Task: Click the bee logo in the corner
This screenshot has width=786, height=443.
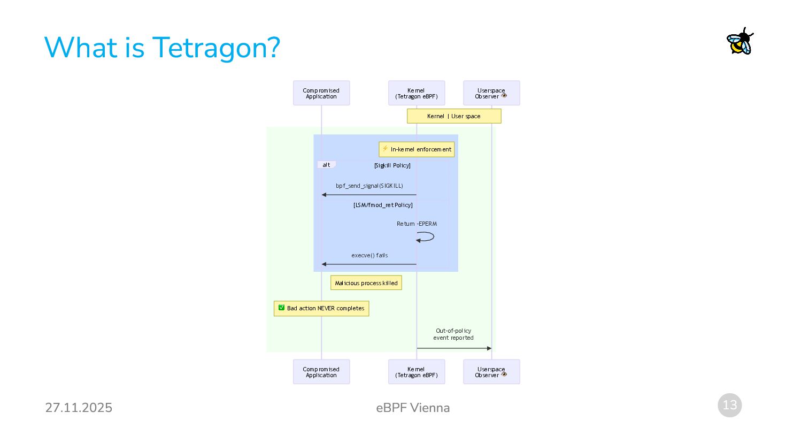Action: pos(740,41)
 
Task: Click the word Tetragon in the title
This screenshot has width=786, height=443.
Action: pos(216,48)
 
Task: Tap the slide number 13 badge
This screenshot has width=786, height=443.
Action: pos(729,405)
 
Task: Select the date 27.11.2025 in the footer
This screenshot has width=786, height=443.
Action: pos(79,408)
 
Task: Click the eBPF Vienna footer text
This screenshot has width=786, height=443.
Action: pos(413,408)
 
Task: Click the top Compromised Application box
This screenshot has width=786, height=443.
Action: pos(321,93)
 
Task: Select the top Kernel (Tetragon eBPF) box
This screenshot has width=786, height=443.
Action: pos(417,93)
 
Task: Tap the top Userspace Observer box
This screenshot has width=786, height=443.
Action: pos(491,93)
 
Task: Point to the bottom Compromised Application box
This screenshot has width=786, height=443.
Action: pos(321,372)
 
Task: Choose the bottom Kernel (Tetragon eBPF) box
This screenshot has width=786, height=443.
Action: pos(417,372)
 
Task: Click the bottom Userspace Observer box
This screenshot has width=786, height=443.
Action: pos(491,372)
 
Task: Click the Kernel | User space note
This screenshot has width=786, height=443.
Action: pos(454,116)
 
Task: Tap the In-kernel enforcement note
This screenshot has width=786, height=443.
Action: pos(417,149)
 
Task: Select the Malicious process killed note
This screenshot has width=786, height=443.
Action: pos(366,283)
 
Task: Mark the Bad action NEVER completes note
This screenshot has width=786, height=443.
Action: pos(321,308)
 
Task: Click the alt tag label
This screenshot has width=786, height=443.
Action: pos(326,165)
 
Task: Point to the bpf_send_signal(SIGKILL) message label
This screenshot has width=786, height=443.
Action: pos(369,186)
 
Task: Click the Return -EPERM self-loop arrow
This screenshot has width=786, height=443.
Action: pos(426,236)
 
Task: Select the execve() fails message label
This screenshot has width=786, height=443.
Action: pos(369,255)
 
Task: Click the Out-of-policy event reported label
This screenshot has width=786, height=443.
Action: pos(453,334)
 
